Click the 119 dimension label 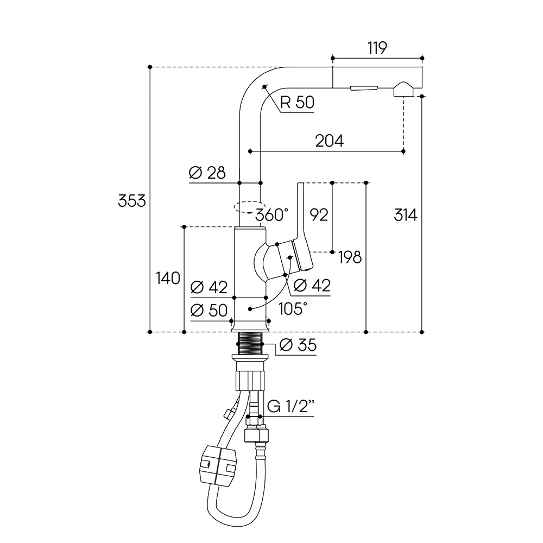[x=377, y=48]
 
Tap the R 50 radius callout [x=297, y=102]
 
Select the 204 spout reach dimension [x=330, y=141]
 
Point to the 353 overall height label [x=132, y=201]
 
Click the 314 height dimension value [x=406, y=215]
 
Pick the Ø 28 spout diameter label [x=207, y=173]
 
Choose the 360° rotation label [x=272, y=215]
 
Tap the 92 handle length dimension [x=319, y=215]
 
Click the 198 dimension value [x=350, y=257]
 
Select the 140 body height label [x=168, y=278]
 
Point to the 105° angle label [x=293, y=309]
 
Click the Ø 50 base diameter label [x=209, y=310]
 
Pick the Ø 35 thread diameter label [x=298, y=345]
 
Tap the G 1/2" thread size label [x=291, y=406]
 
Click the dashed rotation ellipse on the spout [x=247, y=207]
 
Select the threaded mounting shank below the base [x=250, y=343]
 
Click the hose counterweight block [x=218, y=466]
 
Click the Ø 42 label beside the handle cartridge [x=312, y=286]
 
